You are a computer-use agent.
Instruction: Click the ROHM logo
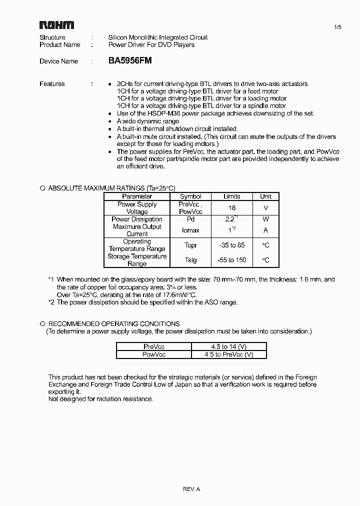click(56, 25)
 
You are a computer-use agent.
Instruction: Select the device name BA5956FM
click(130, 61)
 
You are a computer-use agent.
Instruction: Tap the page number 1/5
click(337, 27)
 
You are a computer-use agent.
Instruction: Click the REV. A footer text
click(191, 489)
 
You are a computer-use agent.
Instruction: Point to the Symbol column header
click(190, 196)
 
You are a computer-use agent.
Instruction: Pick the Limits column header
click(231, 196)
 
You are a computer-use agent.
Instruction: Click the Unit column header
click(265, 196)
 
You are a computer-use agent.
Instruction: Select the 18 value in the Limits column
click(231, 208)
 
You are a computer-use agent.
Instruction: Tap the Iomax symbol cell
click(190, 230)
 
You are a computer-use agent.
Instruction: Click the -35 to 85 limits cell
click(231, 245)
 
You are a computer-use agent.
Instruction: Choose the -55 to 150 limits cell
click(231, 260)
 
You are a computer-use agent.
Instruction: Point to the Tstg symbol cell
click(190, 260)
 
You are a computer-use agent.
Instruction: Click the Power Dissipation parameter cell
click(137, 219)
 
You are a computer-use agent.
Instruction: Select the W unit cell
click(265, 219)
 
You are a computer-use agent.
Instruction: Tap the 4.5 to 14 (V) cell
click(229, 346)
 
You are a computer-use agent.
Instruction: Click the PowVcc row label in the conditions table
click(154, 354)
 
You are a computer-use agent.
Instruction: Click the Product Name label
click(60, 44)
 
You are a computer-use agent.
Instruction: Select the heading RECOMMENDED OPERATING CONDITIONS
click(114, 323)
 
